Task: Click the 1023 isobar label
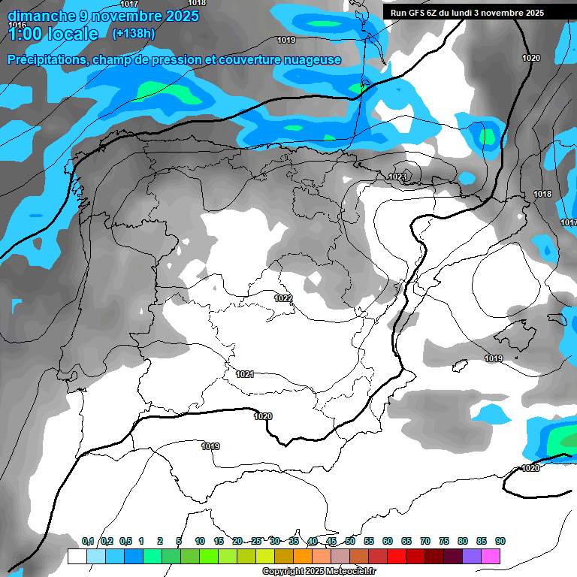pyautogui.click(x=397, y=177)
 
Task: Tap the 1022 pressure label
pyautogui.click(x=283, y=298)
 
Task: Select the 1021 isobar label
pyautogui.click(x=245, y=373)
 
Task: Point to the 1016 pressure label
pyautogui.click(x=17, y=25)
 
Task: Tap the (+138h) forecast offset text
pyautogui.click(x=133, y=33)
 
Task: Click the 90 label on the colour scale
pyautogui.click(x=500, y=541)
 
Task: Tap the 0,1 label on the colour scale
pyautogui.click(x=88, y=541)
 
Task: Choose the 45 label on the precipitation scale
pyautogui.click(x=331, y=541)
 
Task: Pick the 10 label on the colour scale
pyautogui.click(x=200, y=541)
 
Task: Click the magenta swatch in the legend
pyautogui.click(x=491, y=556)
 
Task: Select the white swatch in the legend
pyautogui.click(x=77, y=556)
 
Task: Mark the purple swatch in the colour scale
pyautogui.click(x=472, y=556)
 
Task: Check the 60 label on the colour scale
pyautogui.click(x=388, y=541)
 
